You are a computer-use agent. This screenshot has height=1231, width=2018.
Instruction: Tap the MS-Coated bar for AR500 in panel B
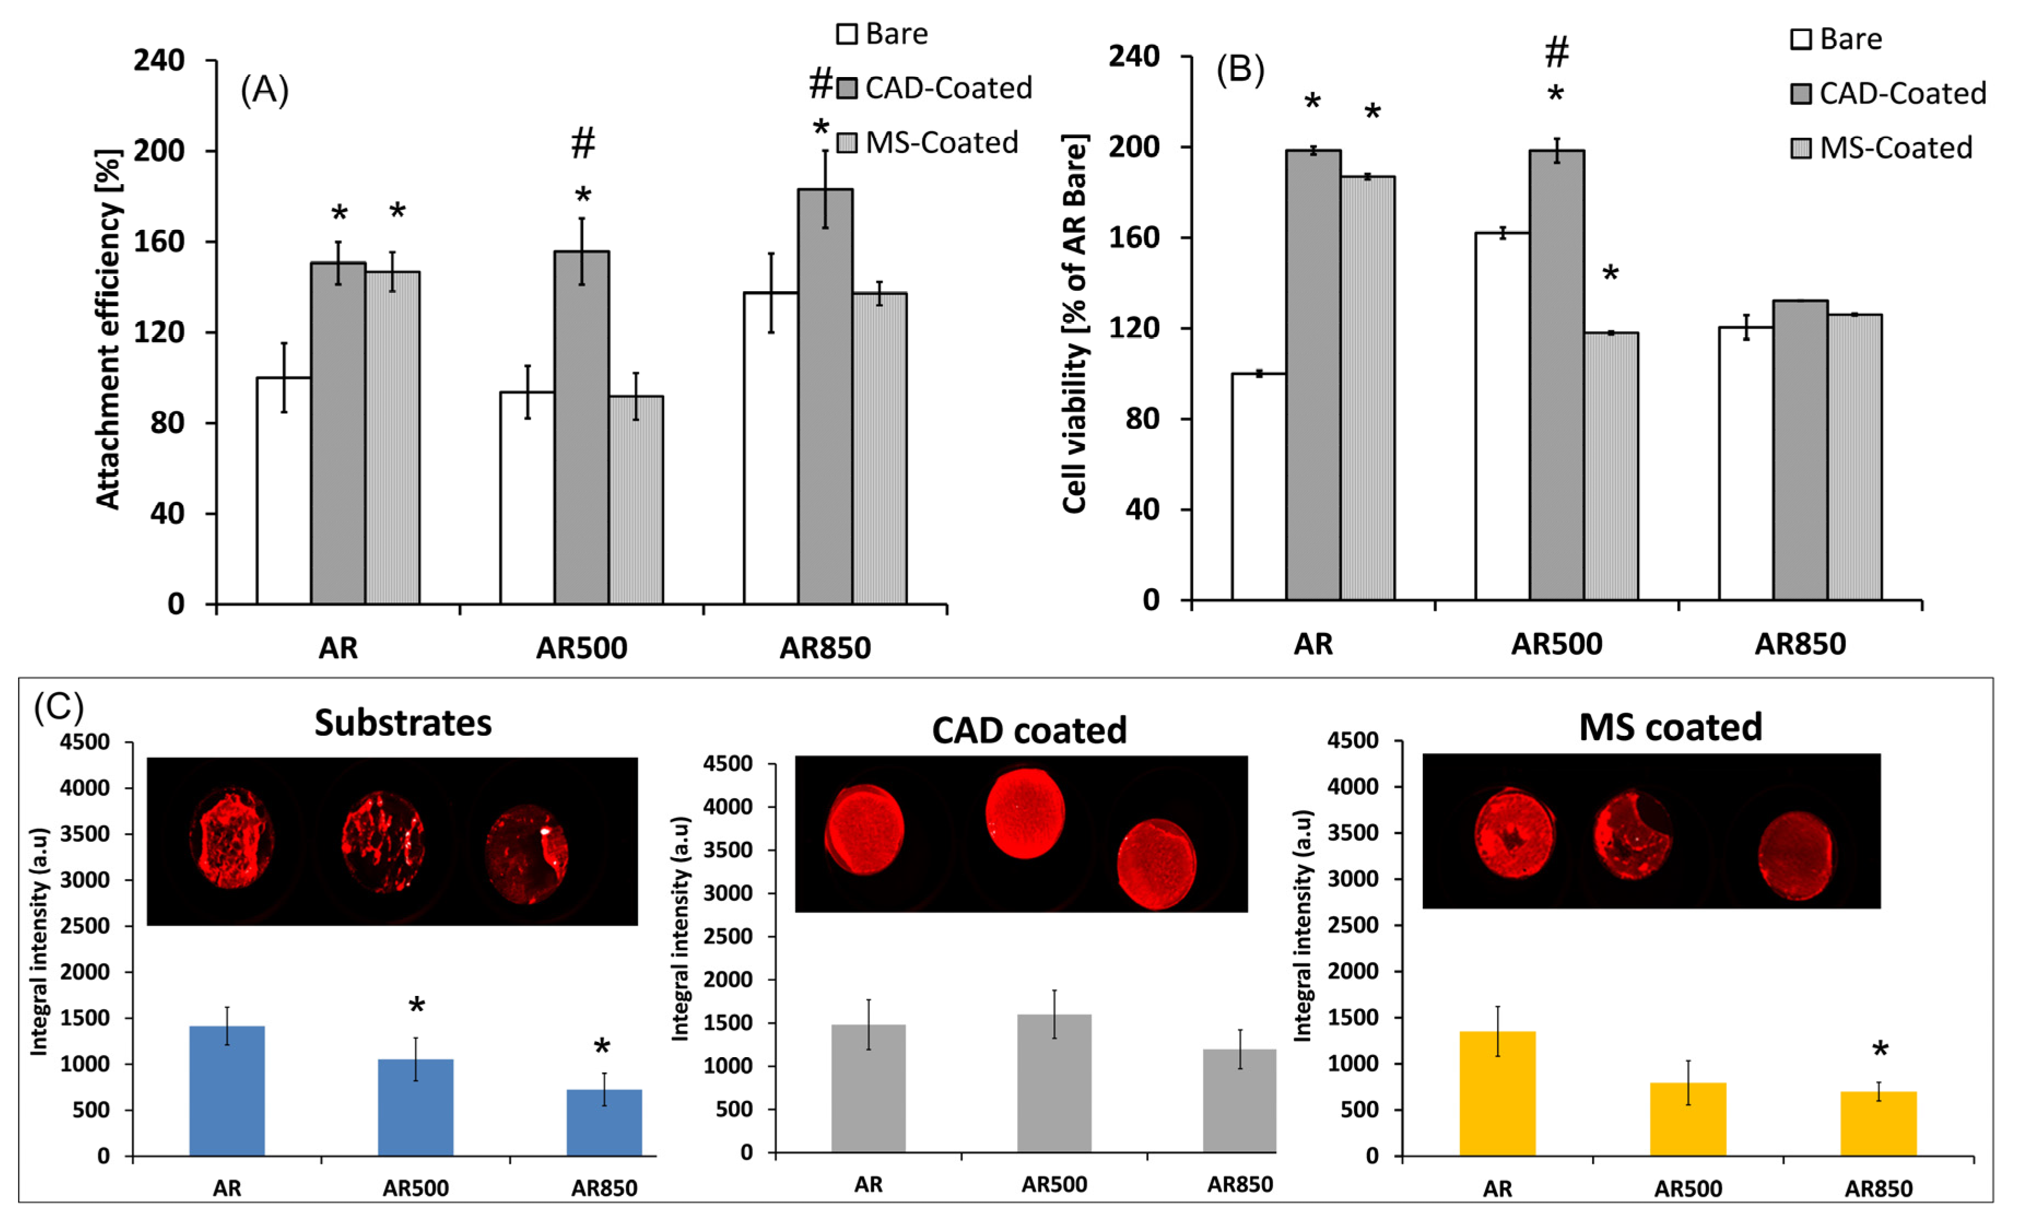pos(1610,466)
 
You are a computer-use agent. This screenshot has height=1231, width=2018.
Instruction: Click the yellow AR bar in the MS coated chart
pos(1497,1093)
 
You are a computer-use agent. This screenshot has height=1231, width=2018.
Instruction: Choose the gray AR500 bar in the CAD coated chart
pos(1053,1083)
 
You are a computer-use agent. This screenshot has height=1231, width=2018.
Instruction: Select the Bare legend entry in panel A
pos(882,33)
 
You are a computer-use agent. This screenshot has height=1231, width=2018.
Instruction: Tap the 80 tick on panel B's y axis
pos(1142,419)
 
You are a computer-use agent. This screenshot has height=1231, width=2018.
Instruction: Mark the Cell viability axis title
pos(1075,324)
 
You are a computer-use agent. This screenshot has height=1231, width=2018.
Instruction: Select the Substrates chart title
pos(403,723)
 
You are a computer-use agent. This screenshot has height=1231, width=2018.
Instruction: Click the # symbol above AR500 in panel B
pos(1556,52)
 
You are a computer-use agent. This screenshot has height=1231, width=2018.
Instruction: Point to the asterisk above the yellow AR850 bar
pos(1880,1051)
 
